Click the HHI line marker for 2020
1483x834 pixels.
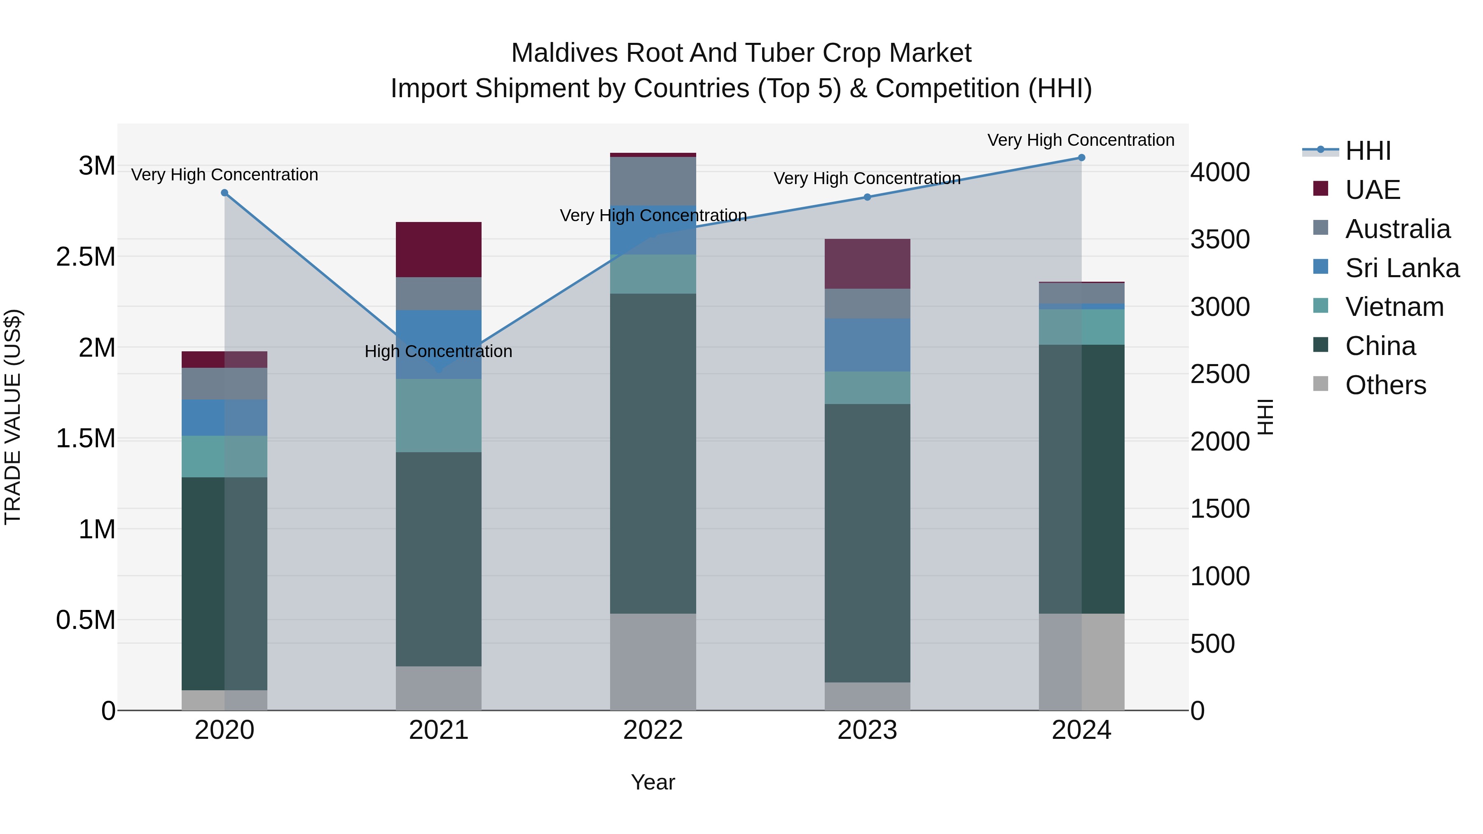(225, 193)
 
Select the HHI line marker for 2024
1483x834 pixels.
(1081, 158)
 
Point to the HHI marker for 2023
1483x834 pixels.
(867, 197)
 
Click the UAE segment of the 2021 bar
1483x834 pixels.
(439, 249)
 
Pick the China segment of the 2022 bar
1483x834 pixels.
(653, 453)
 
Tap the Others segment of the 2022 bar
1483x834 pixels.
(653, 661)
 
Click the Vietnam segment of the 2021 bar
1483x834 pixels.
(439, 415)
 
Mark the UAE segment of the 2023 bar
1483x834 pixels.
(867, 264)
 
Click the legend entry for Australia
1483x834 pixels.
(1397, 229)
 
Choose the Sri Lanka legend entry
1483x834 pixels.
(1402, 268)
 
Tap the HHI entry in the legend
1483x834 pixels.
(1368, 151)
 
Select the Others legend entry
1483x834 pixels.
(1385, 385)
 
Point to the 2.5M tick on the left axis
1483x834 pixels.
(86, 257)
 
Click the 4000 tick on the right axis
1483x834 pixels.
(1220, 172)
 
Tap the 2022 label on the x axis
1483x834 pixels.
(653, 730)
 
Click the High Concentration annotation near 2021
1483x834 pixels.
(438, 351)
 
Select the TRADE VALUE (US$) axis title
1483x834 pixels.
(13, 417)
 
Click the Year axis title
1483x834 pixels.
(653, 782)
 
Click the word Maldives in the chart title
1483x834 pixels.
(565, 53)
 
